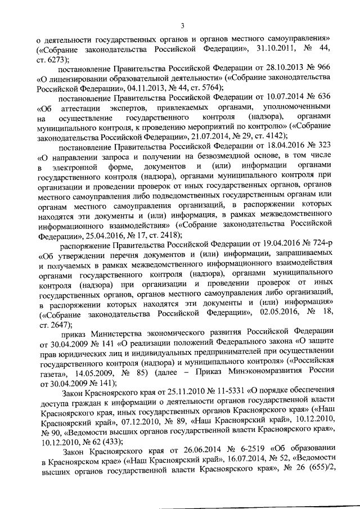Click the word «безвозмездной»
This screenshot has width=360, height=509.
click(x=192, y=153)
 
